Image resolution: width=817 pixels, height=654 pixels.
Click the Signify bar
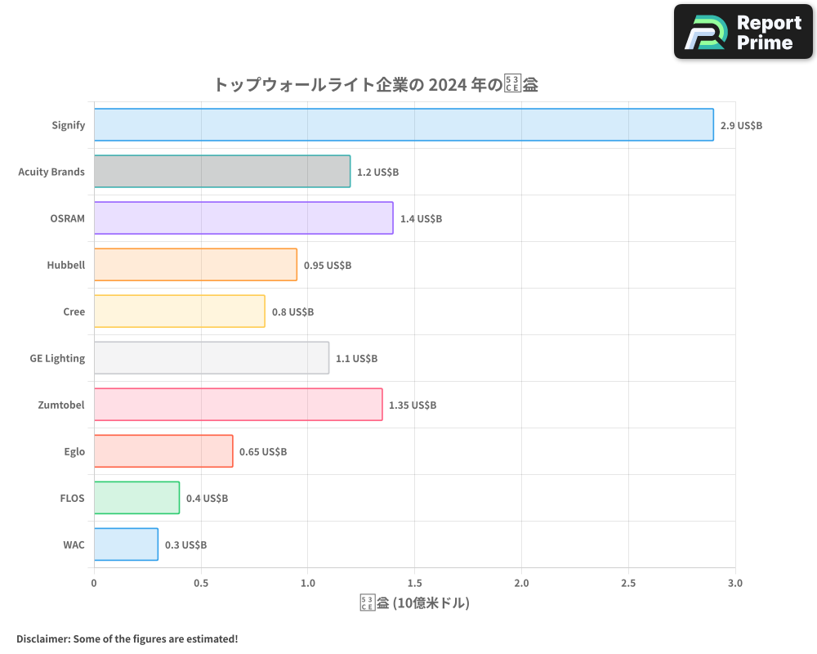coord(404,125)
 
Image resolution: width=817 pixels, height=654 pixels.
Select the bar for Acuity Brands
coord(222,172)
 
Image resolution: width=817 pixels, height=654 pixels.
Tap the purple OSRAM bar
coord(243,218)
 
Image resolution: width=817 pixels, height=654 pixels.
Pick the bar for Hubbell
coord(195,265)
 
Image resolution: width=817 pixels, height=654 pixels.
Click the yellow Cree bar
coord(180,311)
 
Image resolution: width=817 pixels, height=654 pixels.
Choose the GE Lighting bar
coord(212,358)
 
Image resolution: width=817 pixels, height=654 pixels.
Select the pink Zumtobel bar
coord(239,405)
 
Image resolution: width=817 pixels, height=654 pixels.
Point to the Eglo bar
coord(163,451)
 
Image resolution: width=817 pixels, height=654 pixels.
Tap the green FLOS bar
coord(136,498)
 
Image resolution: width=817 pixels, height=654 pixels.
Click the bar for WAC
coord(126,544)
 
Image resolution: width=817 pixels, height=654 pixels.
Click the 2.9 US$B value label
coord(741,126)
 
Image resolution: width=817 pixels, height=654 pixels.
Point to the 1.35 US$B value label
coord(413,405)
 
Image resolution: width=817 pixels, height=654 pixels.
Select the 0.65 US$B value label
coord(263,452)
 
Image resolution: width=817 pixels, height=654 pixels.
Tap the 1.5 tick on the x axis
coord(414,583)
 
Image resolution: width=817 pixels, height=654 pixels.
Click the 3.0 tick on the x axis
coord(734,583)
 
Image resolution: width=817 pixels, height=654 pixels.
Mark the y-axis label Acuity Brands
coord(51,172)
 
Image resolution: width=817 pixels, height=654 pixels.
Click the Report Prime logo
coord(743,32)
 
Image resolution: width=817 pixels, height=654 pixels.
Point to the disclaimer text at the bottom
coord(127,638)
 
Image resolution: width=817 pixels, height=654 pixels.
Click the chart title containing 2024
coord(376,84)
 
